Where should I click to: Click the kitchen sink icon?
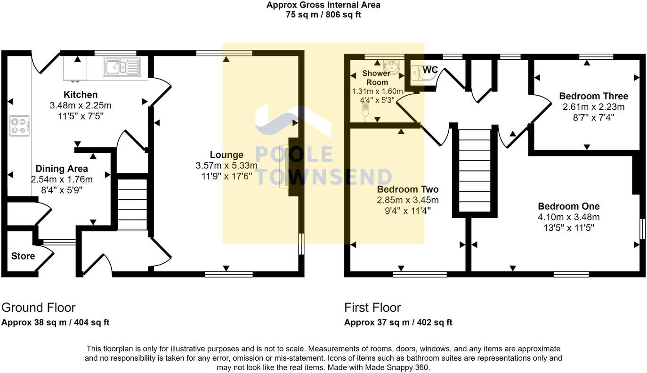coord(122,67)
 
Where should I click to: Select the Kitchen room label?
coord(81,95)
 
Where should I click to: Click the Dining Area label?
coord(62,169)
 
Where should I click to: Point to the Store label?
coord(23,256)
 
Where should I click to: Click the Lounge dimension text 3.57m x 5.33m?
coord(226,165)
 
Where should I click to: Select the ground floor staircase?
coord(132,203)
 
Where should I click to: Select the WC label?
coord(430,70)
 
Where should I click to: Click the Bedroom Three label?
coord(593,96)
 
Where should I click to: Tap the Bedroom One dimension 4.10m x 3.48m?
coord(568,217)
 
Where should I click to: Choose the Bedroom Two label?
coord(408,189)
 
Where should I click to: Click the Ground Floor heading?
coord(39,308)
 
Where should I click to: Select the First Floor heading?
coord(372,308)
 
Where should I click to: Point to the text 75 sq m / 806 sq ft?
coord(323,15)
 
